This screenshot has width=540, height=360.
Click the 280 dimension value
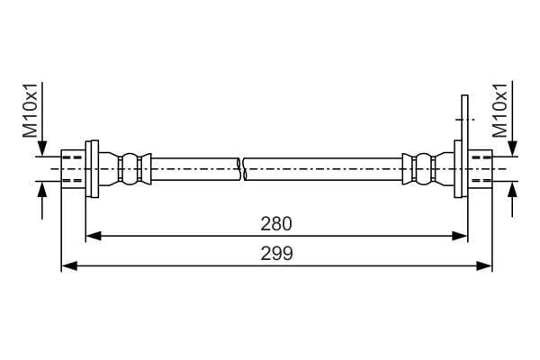[x=276, y=224]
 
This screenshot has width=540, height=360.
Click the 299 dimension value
[x=276, y=254]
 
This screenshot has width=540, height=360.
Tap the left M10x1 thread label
[x=31, y=110]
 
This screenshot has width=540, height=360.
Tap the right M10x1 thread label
[x=500, y=110]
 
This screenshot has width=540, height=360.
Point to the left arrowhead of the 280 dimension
[x=93, y=236]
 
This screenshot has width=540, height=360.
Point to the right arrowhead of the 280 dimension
[x=460, y=236]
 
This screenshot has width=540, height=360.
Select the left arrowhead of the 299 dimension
[x=69, y=266]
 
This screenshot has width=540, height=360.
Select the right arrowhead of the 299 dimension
[x=484, y=266]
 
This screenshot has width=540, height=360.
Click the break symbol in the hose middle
[x=242, y=169]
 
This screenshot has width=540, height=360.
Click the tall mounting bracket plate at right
[x=464, y=146]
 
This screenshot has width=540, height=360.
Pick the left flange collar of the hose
[x=93, y=169]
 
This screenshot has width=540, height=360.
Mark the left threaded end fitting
[x=74, y=169]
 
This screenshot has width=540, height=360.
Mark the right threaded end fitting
[x=481, y=169]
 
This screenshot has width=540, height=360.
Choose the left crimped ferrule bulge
[x=130, y=169]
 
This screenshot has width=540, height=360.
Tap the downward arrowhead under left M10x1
[x=42, y=148]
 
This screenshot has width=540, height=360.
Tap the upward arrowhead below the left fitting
[x=42, y=189]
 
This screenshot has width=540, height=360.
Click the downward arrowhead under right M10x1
[x=513, y=148]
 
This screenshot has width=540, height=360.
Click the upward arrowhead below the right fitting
[x=513, y=189]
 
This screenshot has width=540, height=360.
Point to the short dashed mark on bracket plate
[x=465, y=119]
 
